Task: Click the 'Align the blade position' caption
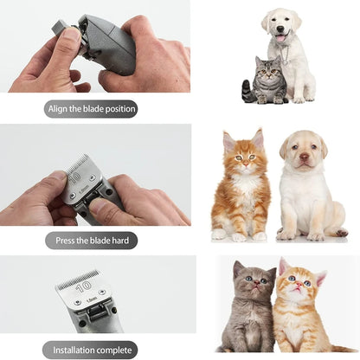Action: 91,109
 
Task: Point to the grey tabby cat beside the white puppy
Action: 268,82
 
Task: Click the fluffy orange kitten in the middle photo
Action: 242,186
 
